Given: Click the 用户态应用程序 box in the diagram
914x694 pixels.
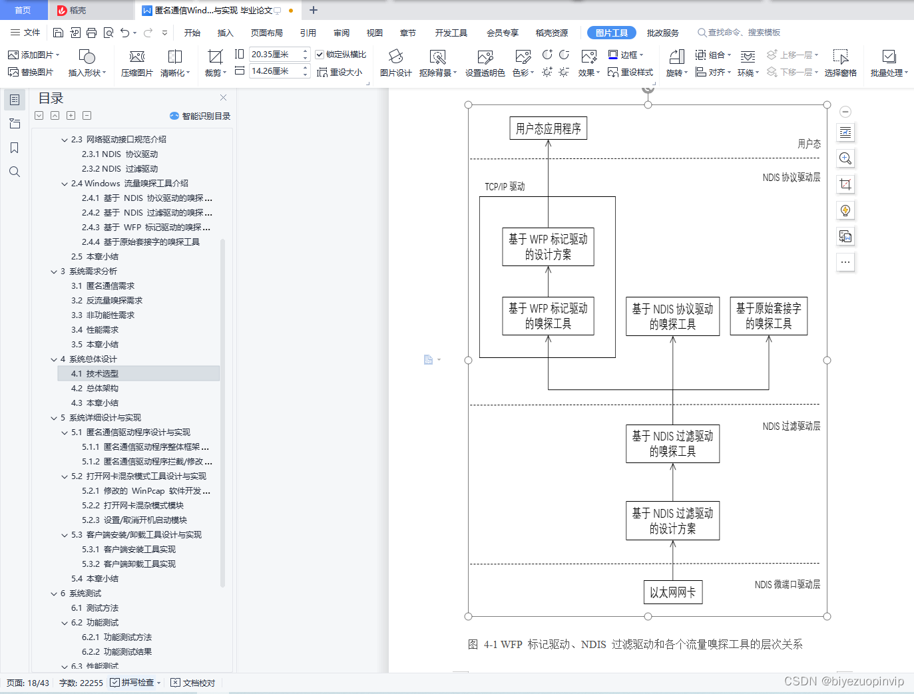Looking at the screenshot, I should tap(548, 128).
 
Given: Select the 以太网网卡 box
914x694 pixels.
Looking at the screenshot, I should tap(672, 592).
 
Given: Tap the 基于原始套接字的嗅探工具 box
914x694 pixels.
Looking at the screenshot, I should tap(768, 315).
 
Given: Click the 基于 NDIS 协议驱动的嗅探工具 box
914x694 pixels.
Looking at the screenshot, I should tap(672, 316).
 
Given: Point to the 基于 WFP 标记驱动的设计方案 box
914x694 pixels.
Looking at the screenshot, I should tap(548, 247).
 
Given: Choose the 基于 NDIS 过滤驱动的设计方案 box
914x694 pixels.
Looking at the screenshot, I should tap(672, 520).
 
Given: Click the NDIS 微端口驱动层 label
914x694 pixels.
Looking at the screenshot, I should tap(787, 584).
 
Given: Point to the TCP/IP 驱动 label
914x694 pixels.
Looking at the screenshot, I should tap(505, 186).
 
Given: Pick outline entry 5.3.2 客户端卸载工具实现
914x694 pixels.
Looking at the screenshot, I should tap(139, 564).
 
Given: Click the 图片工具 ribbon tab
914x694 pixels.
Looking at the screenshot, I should tap(611, 33).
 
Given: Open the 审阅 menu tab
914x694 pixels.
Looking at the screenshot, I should tap(342, 33).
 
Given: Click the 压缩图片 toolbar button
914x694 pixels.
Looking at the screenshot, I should tap(137, 63).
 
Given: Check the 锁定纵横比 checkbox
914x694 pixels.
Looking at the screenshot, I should tap(320, 55).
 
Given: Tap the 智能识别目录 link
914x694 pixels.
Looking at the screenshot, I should tap(200, 116).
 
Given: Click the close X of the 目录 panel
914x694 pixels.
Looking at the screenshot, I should tap(223, 98).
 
